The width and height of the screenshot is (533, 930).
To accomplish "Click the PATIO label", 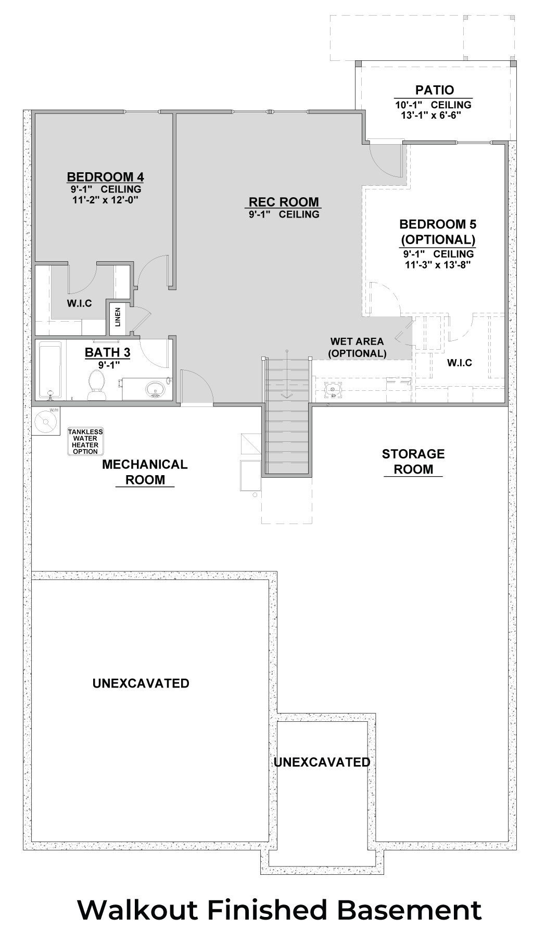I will pyautogui.click(x=434, y=90).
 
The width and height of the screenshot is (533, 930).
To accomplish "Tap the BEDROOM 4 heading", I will pyautogui.click(x=105, y=176).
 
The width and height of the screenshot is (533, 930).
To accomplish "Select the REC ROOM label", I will pyautogui.click(x=284, y=202).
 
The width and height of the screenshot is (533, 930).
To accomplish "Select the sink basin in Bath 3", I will pyautogui.click(x=155, y=389).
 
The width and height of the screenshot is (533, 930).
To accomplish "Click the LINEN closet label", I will pyautogui.click(x=118, y=317).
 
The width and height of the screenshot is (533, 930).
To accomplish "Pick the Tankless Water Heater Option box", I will pyautogui.click(x=85, y=441).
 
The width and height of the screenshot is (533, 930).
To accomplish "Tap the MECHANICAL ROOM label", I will pyautogui.click(x=145, y=472).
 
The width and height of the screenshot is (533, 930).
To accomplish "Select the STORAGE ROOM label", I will pyautogui.click(x=413, y=461).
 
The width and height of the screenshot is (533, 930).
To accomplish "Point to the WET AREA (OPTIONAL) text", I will pyautogui.click(x=357, y=348).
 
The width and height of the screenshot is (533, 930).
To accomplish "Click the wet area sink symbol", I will pyautogui.click(x=331, y=388).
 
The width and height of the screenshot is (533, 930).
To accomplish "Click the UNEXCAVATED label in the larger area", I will pyautogui.click(x=141, y=683).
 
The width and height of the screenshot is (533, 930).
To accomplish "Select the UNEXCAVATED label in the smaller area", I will pyautogui.click(x=322, y=762).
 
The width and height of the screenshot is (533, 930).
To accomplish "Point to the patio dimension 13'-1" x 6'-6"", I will pyautogui.click(x=428, y=114).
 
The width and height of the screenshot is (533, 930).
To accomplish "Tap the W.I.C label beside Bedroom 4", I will pyautogui.click(x=79, y=303).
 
